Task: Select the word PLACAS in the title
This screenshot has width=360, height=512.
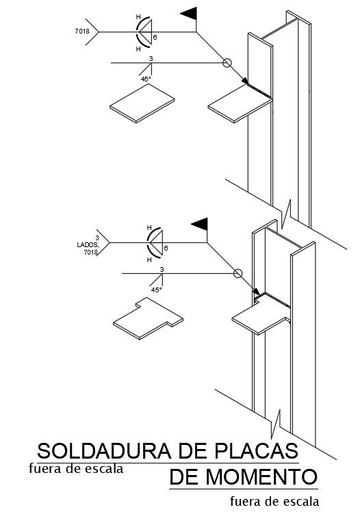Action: (257, 451)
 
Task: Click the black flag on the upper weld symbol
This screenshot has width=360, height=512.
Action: (189, 14)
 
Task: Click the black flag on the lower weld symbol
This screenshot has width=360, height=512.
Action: (200, 225)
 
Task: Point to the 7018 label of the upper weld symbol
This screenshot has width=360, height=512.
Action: (82, 31)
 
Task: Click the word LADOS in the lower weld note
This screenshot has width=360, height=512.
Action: (88, 244)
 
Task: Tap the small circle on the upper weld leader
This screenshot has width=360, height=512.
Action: (227, 63)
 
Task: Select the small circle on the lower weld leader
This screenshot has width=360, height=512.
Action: (238, 273)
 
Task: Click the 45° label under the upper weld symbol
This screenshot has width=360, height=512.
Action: (146, 79)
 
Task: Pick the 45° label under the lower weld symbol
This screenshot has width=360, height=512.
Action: (156, 290)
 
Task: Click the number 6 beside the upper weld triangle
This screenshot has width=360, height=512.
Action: (155, 38)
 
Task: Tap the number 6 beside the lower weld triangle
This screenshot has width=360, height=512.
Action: (166, 248)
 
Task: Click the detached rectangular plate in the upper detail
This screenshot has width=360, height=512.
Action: (142, 103)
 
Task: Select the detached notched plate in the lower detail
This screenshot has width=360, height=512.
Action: (148, 319)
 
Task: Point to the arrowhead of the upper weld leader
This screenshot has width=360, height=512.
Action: (245, 81)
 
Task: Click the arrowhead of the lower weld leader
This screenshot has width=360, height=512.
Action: (257, 292)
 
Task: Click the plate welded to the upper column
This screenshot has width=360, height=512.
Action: (240, 104)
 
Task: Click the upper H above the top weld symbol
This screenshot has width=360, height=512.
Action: (138, 16)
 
